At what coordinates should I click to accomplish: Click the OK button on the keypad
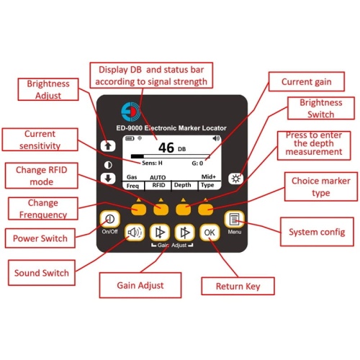(210, 233)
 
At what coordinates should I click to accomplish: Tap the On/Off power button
(110, 219)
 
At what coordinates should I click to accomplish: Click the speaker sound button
(135, 233)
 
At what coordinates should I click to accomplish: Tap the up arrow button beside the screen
(108, 146)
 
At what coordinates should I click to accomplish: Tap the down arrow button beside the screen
(108, 179)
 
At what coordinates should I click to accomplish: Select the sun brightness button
(235, 179)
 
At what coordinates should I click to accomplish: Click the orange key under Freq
(138, 210)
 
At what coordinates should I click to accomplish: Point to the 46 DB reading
(172, 148)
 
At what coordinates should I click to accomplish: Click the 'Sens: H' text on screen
(152, 163)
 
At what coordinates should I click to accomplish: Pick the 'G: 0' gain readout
(197, 163)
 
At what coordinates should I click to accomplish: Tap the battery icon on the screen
(130, 138)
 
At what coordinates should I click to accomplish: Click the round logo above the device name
(130, 112)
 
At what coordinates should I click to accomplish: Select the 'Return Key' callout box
(238, 286)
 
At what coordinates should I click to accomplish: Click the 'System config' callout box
(317, 232)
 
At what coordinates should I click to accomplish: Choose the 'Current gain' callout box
(307, 81)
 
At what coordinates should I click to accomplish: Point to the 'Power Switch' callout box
(40, 238)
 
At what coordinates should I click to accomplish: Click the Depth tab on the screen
(183, 185)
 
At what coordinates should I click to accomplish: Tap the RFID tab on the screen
(158, 185)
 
